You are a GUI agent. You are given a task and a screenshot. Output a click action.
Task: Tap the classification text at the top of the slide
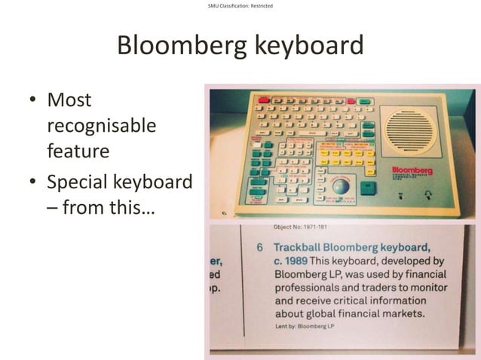tap(240, 7)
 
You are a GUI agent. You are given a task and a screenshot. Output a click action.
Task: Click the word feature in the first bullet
tap(78, 151)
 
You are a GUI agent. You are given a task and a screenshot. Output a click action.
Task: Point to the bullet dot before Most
tap(33, 100)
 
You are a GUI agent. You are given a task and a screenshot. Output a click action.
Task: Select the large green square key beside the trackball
tap(369, 186)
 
